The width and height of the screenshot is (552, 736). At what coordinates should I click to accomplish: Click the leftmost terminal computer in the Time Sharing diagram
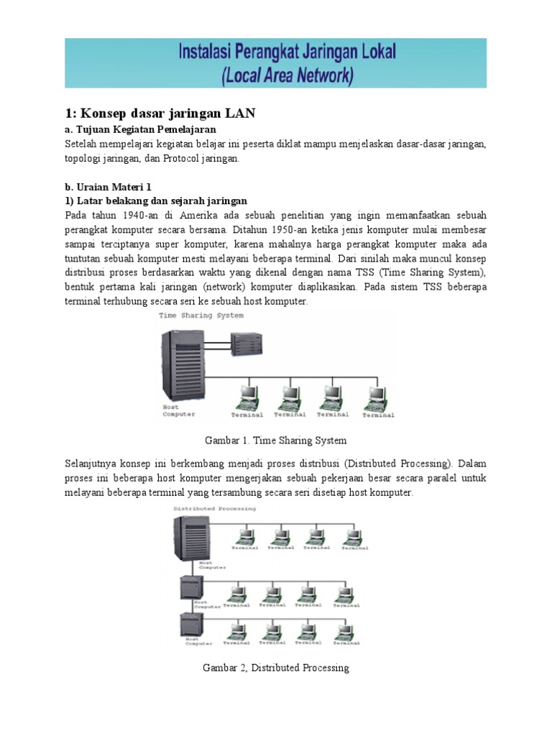click(x=248, y=396)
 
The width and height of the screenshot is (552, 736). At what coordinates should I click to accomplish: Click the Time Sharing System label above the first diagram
click(x=201, y=315)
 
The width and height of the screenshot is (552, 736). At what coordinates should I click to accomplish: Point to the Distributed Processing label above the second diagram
click(x=214, y=508)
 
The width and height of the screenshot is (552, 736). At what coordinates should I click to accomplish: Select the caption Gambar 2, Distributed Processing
click(x=276, y=668)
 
